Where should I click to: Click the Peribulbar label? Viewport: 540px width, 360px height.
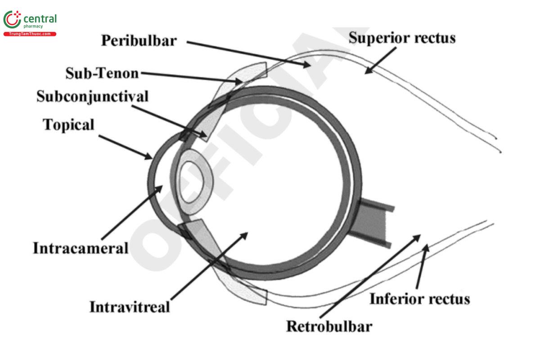139,40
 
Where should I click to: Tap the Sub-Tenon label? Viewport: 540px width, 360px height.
102,73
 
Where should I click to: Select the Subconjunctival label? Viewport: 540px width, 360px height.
92,96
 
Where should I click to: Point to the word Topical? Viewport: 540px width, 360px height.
68,125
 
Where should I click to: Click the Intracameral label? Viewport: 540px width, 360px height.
81,248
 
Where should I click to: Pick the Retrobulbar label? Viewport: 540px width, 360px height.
329,325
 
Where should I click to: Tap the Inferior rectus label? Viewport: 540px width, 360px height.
419,299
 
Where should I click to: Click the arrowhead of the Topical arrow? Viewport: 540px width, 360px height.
150,157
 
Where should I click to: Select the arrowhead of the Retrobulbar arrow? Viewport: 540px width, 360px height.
419,235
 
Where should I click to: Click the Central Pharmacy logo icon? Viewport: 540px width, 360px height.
12,20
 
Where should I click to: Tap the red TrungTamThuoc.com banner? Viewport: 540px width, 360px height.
30,34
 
